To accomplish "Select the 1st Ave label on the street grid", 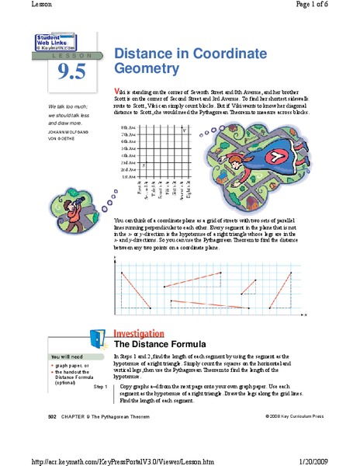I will point(130,177).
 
